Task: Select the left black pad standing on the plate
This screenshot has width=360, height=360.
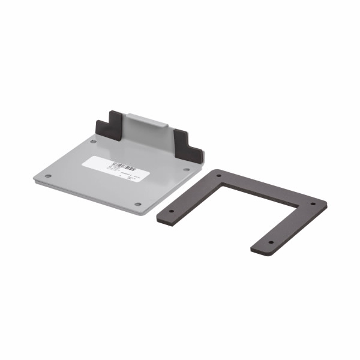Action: (x=109, y=125)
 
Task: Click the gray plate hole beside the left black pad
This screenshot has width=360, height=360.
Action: (x=93, y=142)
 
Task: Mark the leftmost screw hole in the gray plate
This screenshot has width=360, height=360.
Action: (x=48, y=176)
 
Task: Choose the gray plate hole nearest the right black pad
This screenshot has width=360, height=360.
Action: (x=185, y=169)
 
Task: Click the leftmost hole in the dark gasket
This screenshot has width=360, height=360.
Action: (x=171, y=212)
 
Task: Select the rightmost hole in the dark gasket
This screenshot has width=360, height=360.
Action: (x=313, y=204)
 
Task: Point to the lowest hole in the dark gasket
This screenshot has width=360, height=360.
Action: (x=270, y=242)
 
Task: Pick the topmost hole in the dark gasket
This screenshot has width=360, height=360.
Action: (x=219, y=176)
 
